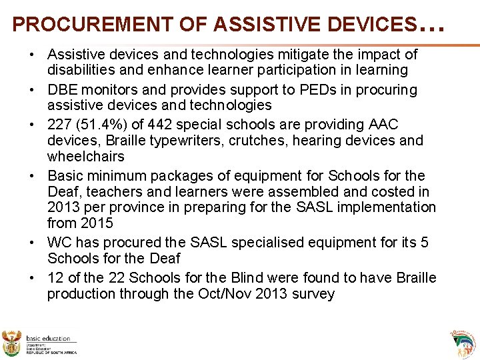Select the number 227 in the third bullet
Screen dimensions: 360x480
tap(60, 125)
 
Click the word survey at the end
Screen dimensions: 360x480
tap(311, 294)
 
